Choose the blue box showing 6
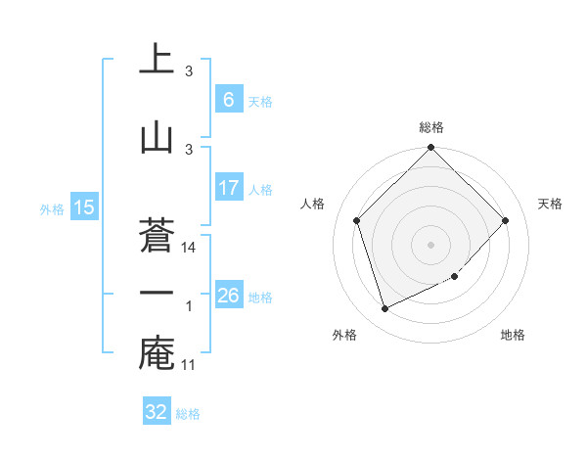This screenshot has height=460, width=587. [228, 100]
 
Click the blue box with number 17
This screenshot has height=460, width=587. [228, 188]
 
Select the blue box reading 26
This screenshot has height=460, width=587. [228, 296]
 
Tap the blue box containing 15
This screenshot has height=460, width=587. [83, 207]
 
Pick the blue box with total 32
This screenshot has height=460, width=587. [157, 412]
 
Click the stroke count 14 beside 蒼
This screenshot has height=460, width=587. [190, 248]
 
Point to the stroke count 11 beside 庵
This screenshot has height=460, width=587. [190, 365]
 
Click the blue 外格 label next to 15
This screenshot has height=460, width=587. [52, 208]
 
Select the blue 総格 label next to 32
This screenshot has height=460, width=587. [188, 414]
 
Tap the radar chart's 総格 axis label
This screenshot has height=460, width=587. [430, 127]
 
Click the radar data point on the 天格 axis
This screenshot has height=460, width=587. [505, 220]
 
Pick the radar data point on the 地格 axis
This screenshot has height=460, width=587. [454, 277]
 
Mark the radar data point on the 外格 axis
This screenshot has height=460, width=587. [384, 308]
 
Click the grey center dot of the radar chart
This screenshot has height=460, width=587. [430, 245]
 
